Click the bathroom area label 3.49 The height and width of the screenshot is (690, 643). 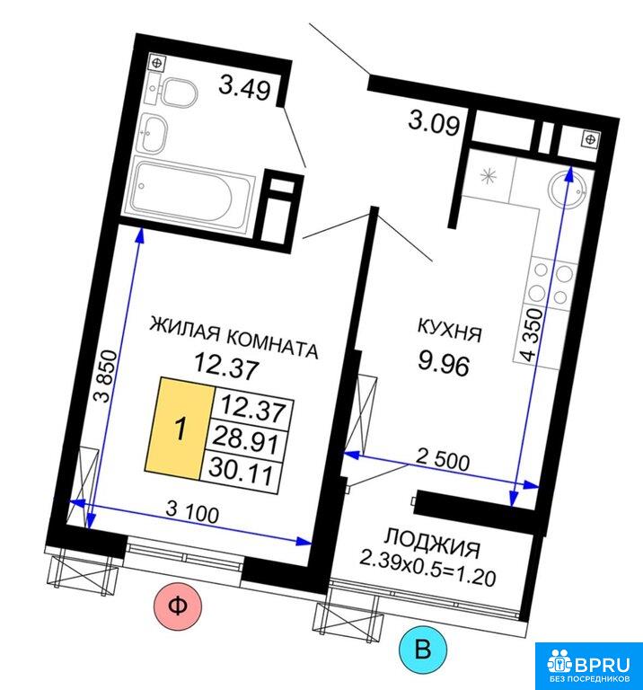[x=244, y=88]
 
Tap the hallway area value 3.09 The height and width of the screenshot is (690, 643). [x=434, y=122]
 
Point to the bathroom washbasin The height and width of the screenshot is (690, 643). [x=154, y=132]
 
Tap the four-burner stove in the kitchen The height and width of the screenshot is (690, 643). [x=551, y=284]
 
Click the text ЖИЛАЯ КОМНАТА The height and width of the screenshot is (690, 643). [x=233, y=337]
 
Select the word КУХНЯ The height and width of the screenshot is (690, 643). [x=449, y=329]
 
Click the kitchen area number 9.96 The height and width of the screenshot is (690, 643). [x=444, y=364]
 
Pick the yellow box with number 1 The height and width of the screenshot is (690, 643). [x=181, y=429]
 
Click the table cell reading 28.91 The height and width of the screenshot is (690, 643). [x=245, y=442]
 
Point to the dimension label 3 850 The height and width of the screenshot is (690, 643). [x=108, y=376]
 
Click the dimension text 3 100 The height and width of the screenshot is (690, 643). [x=192, y=513]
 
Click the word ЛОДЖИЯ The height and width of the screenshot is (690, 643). [x=432, y=543]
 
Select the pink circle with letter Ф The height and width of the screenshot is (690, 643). [x=178, y=606]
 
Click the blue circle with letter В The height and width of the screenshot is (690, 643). [x=423, y=649]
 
